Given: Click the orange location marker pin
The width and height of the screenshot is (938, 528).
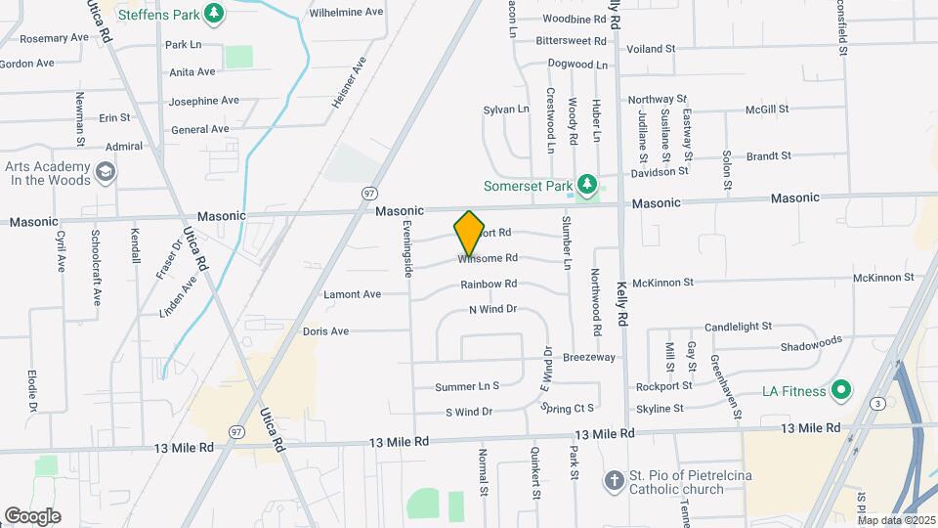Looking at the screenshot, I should pyautogui.click(x=469, y=233).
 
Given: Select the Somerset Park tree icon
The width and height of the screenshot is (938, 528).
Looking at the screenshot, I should pyautogui.click(x=586, y=185).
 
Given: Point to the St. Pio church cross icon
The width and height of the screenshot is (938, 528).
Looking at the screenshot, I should pyautogui.click(x=614, y=480).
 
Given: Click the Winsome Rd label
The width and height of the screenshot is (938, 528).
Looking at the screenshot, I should pyautogui.click(x=488, y=259).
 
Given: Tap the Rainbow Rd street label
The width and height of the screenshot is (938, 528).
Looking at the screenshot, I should pyautogui.click(x=489, y=285).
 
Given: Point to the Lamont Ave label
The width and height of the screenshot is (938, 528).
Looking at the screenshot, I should pyautogui.click(x=352, y=294).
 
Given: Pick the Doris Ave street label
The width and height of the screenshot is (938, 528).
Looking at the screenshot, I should pyautogui.click(x=325, y=331).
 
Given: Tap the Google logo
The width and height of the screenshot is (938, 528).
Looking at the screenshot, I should pyautogui.click(x=32, y=515).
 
